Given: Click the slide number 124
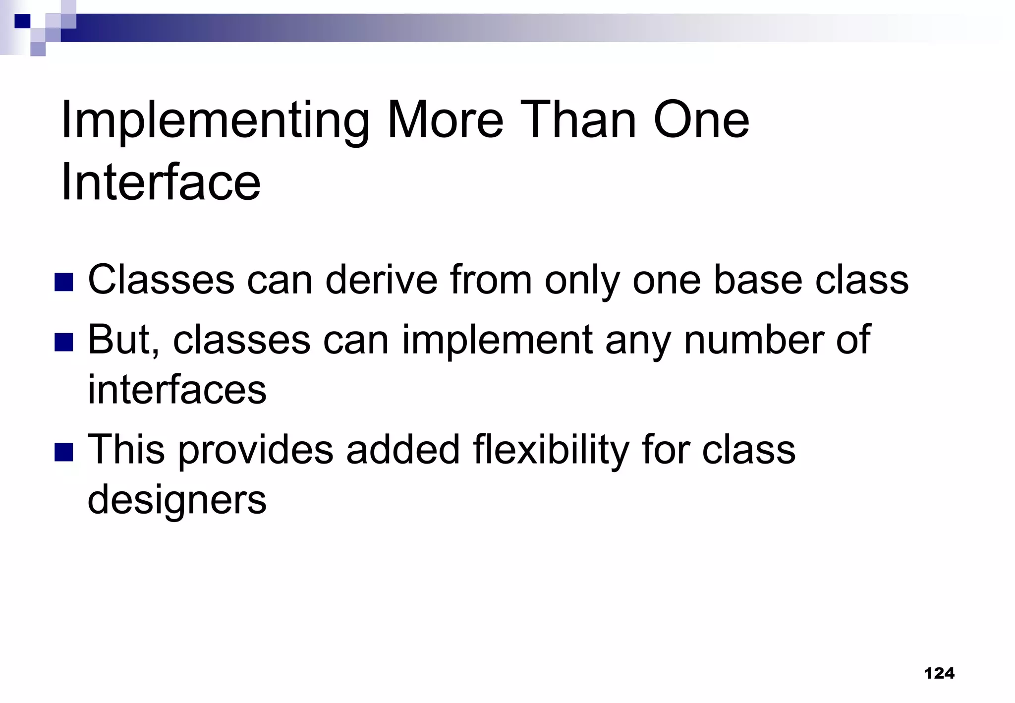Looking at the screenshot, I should click(939, 673).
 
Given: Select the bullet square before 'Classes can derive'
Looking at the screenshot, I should click(64, 282).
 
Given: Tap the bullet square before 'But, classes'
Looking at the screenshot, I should click(64, 342).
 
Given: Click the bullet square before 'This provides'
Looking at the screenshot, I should click(64, 452).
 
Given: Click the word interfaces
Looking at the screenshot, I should click(177, 390).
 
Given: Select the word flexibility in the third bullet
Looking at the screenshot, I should click(551, 450).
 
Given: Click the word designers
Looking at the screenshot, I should click(177, 500).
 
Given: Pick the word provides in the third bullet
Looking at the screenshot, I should click(256, 450).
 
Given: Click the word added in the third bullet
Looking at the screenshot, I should click(403, 449).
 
